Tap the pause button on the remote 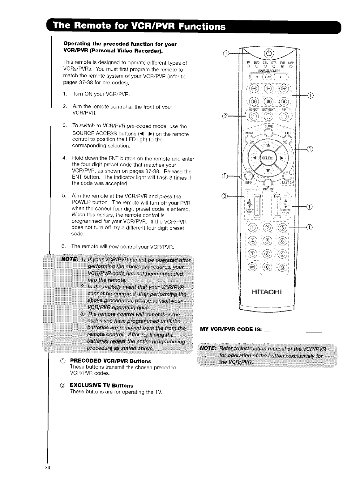pyautogui.click(x=283, y=101)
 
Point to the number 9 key pyautogui.click(x=283, y=255)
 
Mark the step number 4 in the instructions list pyautogui.click(x=64, y=159)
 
